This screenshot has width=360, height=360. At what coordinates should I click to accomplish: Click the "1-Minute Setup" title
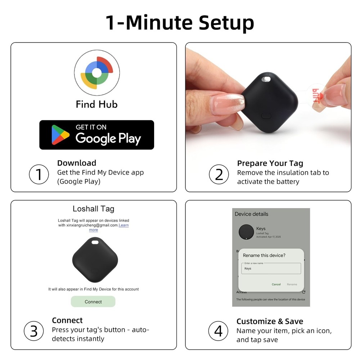tap(180, 22)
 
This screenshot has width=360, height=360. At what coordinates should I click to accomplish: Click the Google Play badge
tap(96, 135)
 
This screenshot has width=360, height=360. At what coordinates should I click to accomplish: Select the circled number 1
tap(39, 175)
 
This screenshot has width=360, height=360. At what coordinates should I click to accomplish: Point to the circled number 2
tap(219, 175)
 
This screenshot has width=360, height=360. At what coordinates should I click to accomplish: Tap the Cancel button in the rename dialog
tap(276, 284)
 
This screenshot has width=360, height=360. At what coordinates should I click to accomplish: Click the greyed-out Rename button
tap(292, 284)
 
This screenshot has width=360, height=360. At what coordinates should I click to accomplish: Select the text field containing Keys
tap(271, 268)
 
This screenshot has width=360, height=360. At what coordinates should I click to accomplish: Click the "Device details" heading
tap(252, 214)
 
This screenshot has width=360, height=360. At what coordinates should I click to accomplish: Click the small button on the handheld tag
tap(266, 116)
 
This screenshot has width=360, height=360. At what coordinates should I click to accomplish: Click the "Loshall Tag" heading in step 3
tap(93, 209)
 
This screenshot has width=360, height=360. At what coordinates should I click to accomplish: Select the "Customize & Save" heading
tap(270, 321)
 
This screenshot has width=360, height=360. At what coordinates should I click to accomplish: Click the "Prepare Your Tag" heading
tap(270, 163)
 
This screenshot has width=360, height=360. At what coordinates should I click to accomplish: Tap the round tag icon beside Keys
tap(246, 232)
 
